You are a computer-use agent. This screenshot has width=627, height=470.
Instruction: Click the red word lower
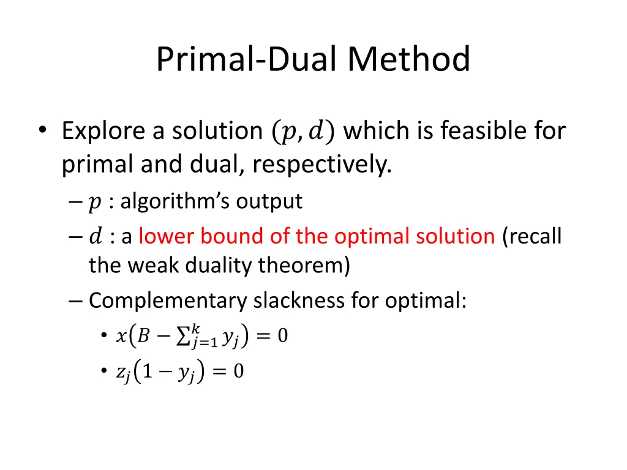pyautogui.click(x=161, y=236)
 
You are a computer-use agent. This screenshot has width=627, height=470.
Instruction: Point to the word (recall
pyautogui.click(x=531, y=236)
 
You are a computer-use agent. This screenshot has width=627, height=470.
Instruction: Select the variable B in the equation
pyautogui.click(x=143, y=335)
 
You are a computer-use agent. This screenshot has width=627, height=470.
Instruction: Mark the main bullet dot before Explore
pyautogui.click(x=42, y=130)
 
